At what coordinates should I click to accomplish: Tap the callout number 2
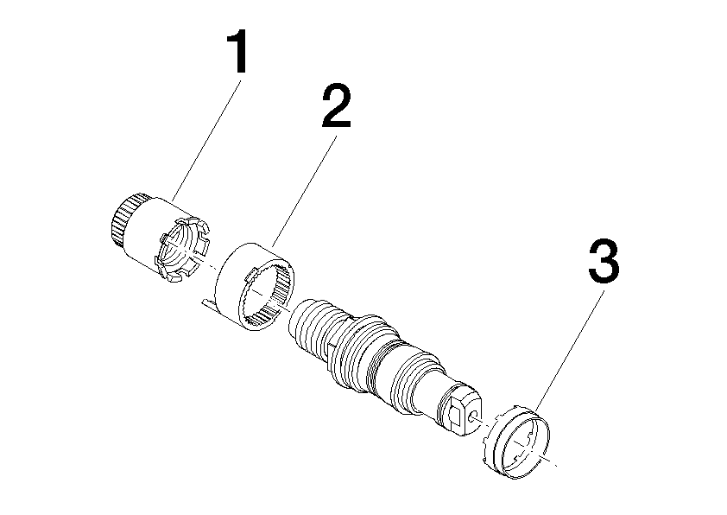pyautogui.click(x=337, y=105)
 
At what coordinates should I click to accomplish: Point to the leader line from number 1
pyautogui.click(x=206, y=141)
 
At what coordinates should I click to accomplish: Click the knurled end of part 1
pyautogui.click(x=124, y=219)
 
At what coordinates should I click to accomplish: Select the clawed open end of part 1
pyautogui.click(x=183, y=250)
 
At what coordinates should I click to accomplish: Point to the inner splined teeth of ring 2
pyautogui.click(x=266, y=297)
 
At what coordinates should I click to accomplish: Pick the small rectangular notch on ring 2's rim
pyautogui.click(x=252, y=274)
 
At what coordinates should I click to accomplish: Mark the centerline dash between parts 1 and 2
pyautogui.click(x=209, y=267)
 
